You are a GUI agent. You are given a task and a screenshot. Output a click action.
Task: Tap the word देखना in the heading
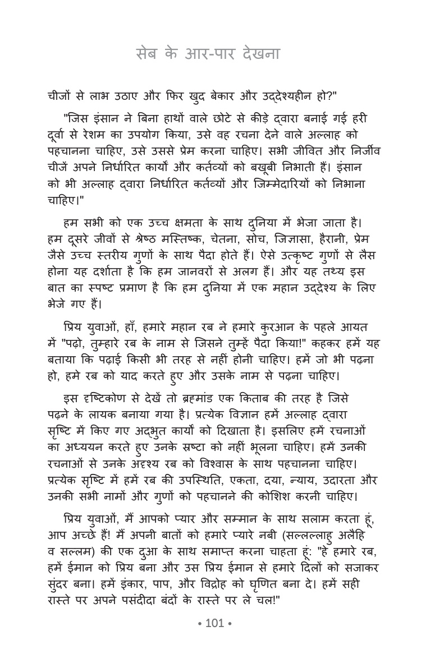point(258,55)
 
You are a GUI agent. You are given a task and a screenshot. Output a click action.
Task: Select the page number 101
point(215,623)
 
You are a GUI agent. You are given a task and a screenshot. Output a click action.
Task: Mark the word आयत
point(359,326)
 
